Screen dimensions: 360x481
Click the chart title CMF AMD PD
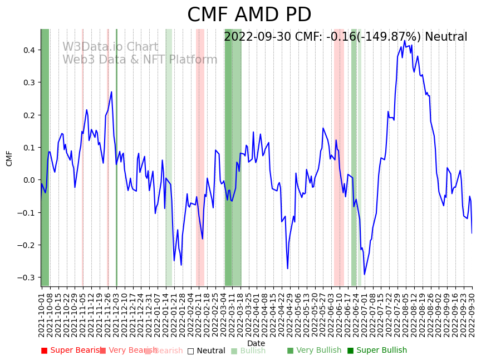[x=249, y=15]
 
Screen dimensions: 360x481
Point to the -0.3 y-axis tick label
[x=26, y=278]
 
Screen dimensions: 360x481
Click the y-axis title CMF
[x=9, y=158]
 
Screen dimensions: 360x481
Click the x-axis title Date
[x=256, y=343]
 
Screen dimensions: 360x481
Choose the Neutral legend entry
[x=206, y=351]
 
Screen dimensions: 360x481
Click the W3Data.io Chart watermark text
[x=110, y=47]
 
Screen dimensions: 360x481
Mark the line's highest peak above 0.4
[x=405, y=41]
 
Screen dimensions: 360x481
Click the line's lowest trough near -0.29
[x=365, y=274]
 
